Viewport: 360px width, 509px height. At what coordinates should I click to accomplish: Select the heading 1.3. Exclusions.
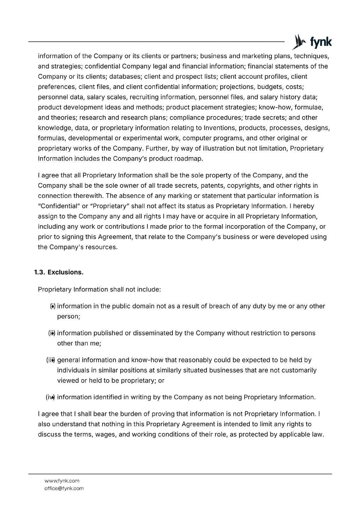coord(59,272)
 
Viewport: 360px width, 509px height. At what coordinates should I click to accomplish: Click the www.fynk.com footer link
coord(62,481)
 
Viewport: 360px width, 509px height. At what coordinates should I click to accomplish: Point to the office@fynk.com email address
coord(64,488)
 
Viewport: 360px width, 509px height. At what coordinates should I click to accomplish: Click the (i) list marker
coord(53,306)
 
